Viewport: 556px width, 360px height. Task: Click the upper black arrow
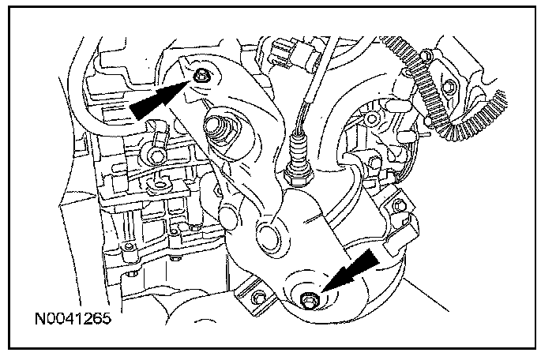(x=157, y=99)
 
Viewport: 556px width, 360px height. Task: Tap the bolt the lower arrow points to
(x=309, y=298)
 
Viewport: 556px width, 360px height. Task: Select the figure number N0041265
(x=70, y=321)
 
